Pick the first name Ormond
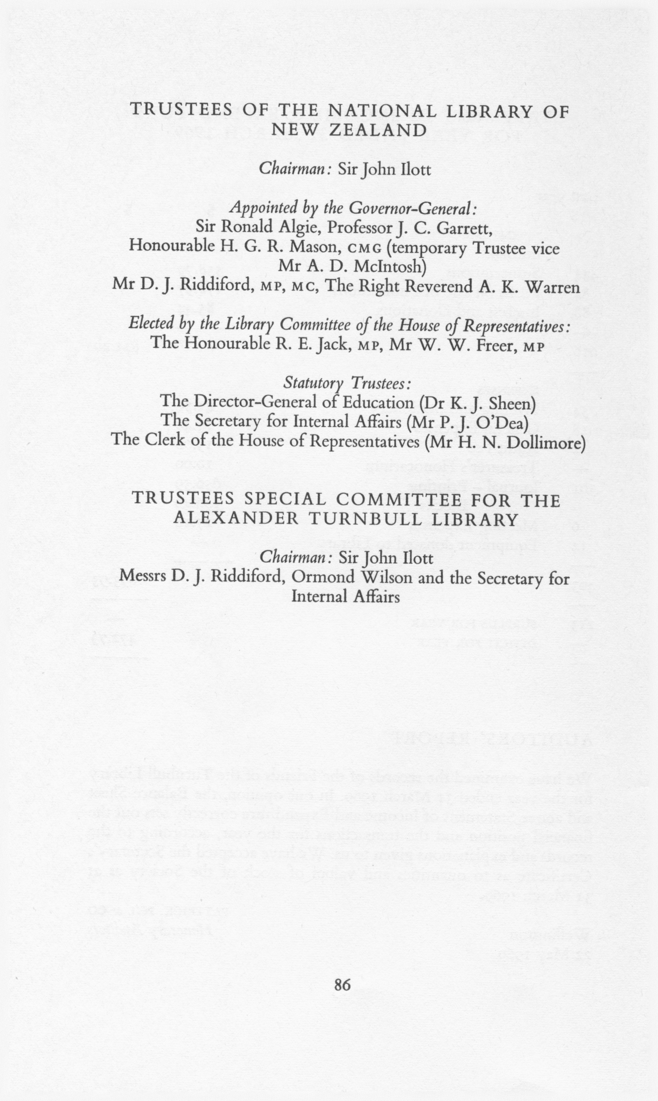click(317, 577)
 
